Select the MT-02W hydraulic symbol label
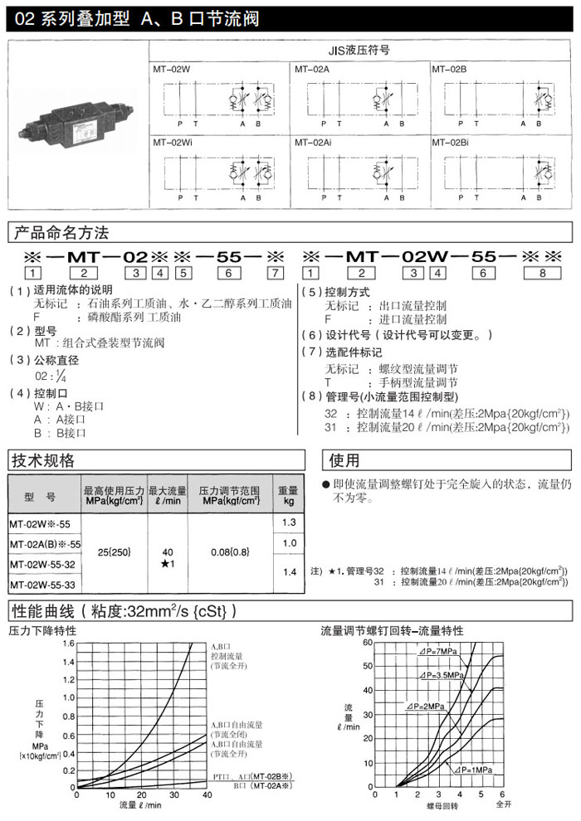[x=171, y=69]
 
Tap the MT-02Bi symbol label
[x=450, y=143]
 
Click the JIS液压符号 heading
[x=359, y=50]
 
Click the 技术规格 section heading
[x=42, y=459]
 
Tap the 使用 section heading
[x=345, y=459]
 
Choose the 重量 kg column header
[x=288, y=495]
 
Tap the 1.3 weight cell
[x=289, y=522]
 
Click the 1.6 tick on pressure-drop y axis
[x=69, y=644]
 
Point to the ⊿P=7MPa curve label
[x=439, y=652]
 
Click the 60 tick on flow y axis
[x=368, y=644]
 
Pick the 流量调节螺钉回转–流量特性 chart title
[x=393, y=630]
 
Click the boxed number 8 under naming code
[x=543, y=272]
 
